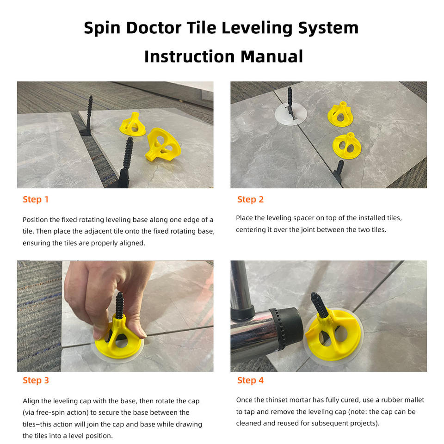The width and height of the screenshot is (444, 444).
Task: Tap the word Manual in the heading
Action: click(272, 56)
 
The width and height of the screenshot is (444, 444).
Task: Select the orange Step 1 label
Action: click(36, 199)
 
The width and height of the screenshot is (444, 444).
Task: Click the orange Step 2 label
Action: click(250, 199)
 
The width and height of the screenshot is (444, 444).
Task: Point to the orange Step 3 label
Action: click(36, 380)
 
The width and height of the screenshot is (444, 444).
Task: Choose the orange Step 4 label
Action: click(250, 380)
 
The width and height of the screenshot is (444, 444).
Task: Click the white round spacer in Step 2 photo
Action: click(291, 114)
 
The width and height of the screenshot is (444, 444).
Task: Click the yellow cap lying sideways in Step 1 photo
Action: click(163, 145)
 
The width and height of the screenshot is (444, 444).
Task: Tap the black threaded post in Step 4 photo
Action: click(319, 305)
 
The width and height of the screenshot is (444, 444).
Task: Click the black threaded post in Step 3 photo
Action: click(119, 306)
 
